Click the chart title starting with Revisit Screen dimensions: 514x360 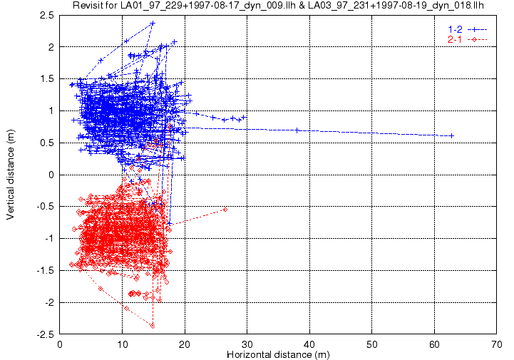pos(278,5)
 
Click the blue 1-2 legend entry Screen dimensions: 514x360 pos(468,29)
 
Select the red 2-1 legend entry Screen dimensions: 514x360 pos(468,40)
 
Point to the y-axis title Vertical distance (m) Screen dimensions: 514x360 pos(10,175)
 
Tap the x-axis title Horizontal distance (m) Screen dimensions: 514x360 pos(278,354)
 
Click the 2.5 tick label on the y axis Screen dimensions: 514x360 pos(47,16)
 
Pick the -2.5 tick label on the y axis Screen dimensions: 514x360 pos(45,335)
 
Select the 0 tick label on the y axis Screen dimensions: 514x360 pos(51,175)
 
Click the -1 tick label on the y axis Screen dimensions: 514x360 pos(49,239)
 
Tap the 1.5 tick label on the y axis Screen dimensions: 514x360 pos(47,79)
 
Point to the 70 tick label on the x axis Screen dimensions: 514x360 pos(497,344)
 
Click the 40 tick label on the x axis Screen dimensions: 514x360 pos(309,344)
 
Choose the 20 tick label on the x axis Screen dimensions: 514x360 pos(185,344)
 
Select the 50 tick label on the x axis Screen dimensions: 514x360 pos(371,344)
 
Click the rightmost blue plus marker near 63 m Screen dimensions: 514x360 pos(452,135)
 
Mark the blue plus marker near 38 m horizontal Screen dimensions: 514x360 pos(297,130)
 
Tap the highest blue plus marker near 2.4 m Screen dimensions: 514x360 pos(153,24)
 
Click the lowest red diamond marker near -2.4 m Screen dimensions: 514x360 pos(153,326)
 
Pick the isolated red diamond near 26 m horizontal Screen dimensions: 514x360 pos(225,209)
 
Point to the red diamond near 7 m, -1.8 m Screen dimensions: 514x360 pos(101,289)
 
